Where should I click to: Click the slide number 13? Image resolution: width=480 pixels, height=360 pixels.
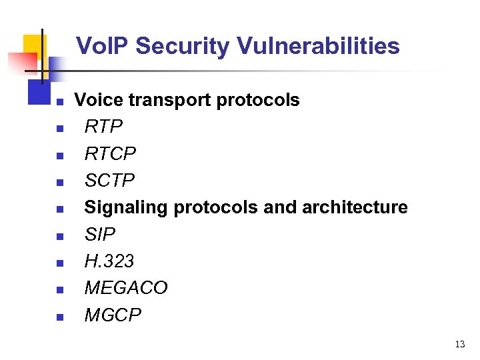coord(459,345)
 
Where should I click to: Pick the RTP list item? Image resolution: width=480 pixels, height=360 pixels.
coord(104,127)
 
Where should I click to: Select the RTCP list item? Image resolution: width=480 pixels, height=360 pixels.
coord(110,154)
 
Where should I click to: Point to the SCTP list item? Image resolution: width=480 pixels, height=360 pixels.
coord(109,181)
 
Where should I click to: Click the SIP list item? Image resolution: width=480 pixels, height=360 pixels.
coord(100,234)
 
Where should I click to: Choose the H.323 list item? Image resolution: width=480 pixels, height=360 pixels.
coord(109,261)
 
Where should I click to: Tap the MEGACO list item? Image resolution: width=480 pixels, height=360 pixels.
coord(126,287)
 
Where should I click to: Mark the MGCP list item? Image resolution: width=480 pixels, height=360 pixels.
coord(113,315)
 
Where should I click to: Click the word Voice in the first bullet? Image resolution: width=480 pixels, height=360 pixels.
coord(99,100)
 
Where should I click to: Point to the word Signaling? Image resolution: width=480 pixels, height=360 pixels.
coord(127,207)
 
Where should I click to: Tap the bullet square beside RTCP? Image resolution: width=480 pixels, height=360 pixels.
coord(59,156)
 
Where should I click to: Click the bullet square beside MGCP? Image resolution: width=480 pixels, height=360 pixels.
coord(59,317)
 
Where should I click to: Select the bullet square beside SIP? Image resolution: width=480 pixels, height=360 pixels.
coord(59,237)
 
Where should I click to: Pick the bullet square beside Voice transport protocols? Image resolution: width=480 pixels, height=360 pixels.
coord(59,103)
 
